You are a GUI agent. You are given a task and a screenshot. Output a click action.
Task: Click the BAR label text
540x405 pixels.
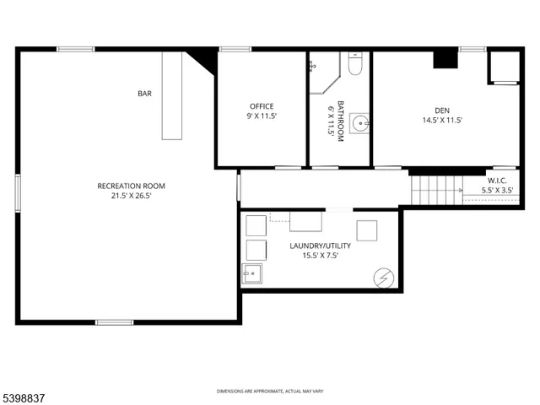point(145,94)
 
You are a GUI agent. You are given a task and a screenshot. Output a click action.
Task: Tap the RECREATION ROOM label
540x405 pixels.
point(131,186)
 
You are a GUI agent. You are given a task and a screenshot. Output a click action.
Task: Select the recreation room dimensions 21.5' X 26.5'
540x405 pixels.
point(131,196)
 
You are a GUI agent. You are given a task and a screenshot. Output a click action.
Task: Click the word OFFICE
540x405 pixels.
point(261,106)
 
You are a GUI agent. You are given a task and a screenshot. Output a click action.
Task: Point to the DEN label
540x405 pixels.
point(442,111)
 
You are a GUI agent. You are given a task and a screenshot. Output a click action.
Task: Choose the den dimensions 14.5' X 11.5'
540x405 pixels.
point(442,121)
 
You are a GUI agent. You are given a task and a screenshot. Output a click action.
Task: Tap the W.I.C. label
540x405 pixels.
point(497,181)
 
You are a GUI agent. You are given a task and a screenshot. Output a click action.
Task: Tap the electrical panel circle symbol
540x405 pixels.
point(383,277)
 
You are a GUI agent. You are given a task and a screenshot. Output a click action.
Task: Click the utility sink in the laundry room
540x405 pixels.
point(251,273)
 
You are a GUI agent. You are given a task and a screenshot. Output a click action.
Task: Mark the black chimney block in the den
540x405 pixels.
point(445,59)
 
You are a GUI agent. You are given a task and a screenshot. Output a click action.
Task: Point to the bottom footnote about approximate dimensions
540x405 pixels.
point(270,391)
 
